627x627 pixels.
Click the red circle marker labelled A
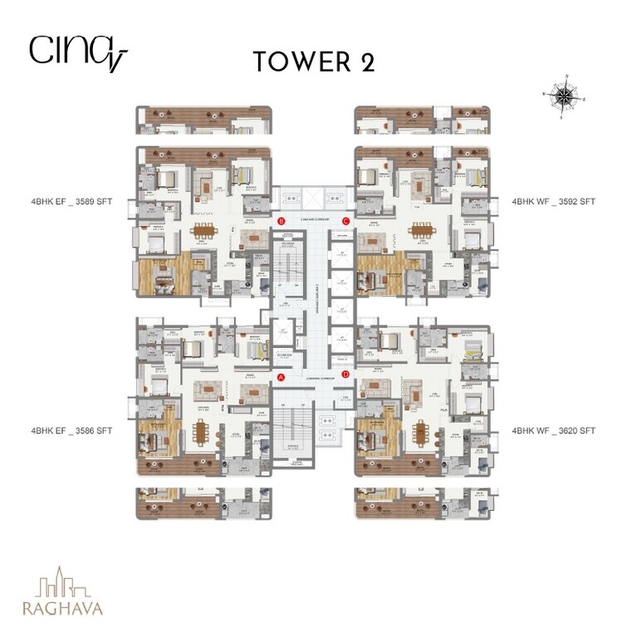pyautogui.click(x=281, y=376)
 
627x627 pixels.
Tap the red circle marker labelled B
pyautogui.click(x=281, y=221)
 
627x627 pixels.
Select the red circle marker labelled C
pyautogui.click(x=346, y=221)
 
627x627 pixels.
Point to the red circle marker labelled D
pyautogui.click(x=346, y=376)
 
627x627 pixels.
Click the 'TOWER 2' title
pyautogui.click(x=314, y=61)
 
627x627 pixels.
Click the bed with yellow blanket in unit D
pyautogui.click(x=472, y=352)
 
